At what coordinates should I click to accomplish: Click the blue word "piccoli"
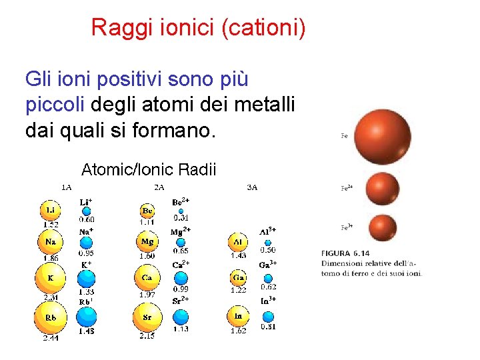point(55,105)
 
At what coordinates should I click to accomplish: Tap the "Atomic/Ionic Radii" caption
point(149,170)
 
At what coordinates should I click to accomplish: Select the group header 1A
point(67,187)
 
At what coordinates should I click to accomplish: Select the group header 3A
point(252,187)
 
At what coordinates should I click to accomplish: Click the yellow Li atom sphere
point(51,211)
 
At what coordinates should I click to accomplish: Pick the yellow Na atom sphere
point(51,242)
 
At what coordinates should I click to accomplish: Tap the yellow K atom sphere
point(51,277)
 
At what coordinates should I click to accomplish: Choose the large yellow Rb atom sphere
point(51,318)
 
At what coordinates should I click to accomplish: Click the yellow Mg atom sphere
point(147,242)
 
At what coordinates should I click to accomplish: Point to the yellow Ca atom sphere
point(147,277)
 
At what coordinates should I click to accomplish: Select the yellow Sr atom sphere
point(147,317)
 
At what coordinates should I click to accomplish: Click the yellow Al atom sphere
point(238,242)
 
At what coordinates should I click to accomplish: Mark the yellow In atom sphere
point(238,315)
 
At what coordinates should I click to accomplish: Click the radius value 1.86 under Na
point(51,257)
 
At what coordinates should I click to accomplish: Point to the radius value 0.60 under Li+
point(87,219)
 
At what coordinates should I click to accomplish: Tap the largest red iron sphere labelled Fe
point(383,136)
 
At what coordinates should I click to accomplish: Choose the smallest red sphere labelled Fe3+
point(382,227)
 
